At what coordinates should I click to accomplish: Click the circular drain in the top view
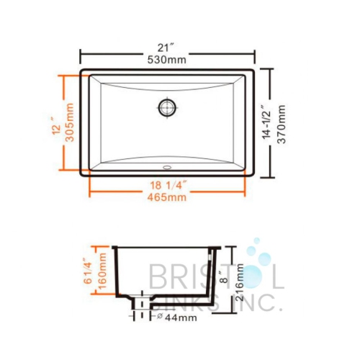pos(167,107)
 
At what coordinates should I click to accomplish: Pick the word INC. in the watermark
pos(256,303)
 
